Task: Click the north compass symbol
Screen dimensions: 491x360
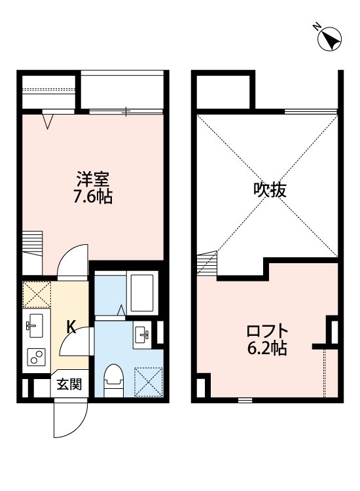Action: (x=330, y=39)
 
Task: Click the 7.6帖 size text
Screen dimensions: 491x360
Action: (x=92, y=196)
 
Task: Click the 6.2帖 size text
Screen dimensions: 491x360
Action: (x=265, y=348)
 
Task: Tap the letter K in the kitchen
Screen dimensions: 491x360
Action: (x=71, y=327)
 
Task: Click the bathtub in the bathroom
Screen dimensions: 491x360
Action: (x=141, y=293)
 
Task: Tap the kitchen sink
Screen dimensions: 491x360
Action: (x=35, y=325)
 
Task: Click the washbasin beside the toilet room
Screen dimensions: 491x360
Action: (x=142, y=334)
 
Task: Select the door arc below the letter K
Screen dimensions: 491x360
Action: (x=75, y=348)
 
